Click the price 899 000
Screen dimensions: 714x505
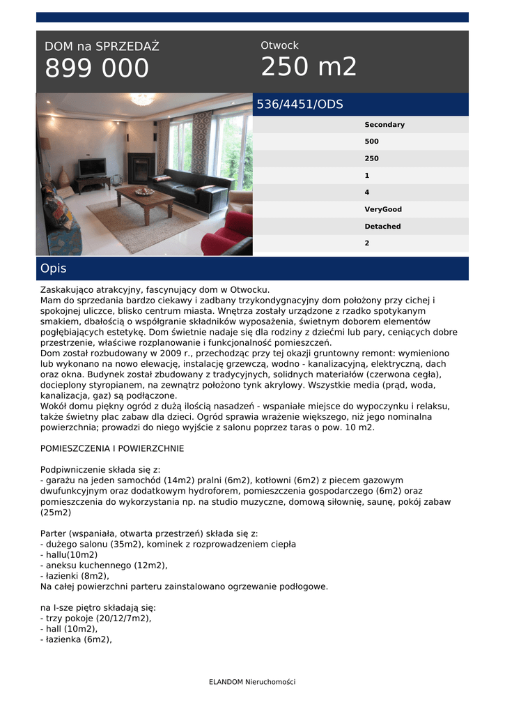97,68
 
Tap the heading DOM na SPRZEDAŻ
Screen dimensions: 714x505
102,47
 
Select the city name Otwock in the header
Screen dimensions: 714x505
279,45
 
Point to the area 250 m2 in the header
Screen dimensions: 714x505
309,67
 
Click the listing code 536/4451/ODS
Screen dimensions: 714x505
300,105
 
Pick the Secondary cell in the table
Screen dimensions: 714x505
384,125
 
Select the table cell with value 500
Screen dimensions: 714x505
371,142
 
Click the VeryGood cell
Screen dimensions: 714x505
382,209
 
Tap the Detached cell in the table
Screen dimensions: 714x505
382,227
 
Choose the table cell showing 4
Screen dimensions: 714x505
367,192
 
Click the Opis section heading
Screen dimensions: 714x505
53,268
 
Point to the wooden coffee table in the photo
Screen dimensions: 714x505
145,197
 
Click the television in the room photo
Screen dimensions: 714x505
92,167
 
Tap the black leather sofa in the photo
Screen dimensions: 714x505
199,188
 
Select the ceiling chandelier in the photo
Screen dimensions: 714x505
143,100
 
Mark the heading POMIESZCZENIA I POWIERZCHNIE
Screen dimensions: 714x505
112,448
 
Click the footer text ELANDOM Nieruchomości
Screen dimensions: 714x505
252,682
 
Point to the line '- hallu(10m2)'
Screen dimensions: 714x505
69,555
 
